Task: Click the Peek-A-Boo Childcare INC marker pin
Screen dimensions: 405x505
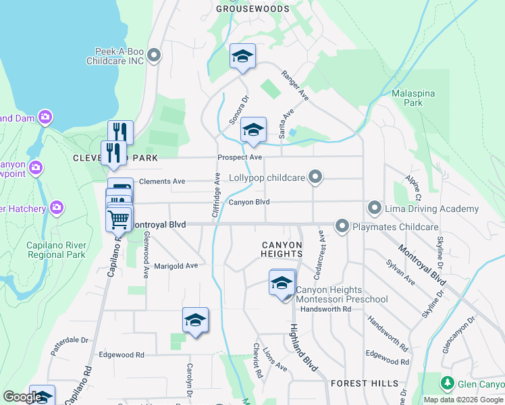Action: point(154,56)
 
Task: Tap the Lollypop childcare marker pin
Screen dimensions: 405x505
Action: point(315,178)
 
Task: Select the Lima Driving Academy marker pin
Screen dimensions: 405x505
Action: point(375,209)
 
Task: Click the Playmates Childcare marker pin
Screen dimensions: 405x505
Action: point(342,227)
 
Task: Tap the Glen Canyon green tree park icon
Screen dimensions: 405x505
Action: point(447,383)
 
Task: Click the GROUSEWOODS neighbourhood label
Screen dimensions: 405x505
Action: point(252,9)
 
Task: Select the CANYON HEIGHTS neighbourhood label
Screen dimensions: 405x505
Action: point(282,249)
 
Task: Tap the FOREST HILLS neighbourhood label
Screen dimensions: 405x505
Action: point(365,383)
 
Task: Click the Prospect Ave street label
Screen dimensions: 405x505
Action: point(240,157)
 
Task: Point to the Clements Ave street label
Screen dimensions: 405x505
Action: point(161,182)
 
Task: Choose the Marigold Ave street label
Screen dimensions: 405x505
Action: point(176,266)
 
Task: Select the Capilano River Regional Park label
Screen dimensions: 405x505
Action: point(56,250)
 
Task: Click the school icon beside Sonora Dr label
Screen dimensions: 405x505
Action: point(252,130)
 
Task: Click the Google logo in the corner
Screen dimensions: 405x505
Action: point(22,398)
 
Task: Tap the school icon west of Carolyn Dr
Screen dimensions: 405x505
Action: point(195,321)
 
